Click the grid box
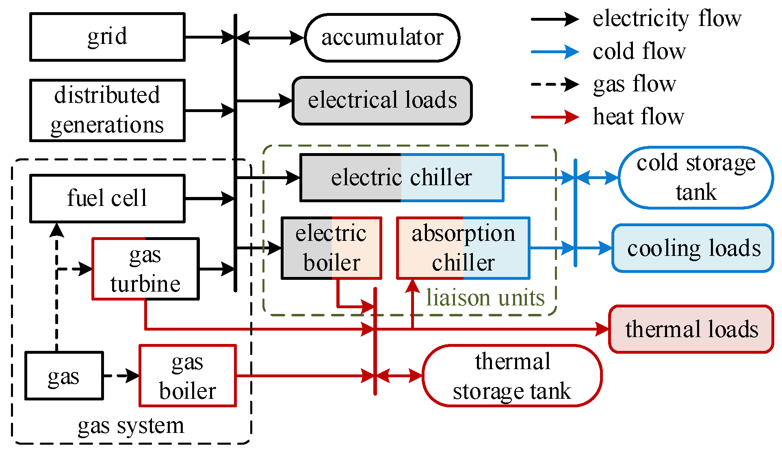click(x=107, y=37)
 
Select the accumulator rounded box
click(x=382, y=38)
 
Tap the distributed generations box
click(x=107, y=110)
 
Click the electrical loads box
click(x=382, y=100)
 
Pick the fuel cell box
click(x=107, y=199)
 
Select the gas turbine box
click(x=145, y=269)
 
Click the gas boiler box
click(x=187, y=376)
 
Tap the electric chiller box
click(x=402, y=177)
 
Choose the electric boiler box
click(x=331, y=248)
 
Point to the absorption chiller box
click(x=463, y=248)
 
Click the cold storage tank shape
click(x=696, y=177)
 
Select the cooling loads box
click(x=693, y=248)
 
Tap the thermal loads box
click(x=691, y=329)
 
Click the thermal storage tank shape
click(x=512, y=376)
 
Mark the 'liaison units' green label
click(x=485, y=298)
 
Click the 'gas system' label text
click(x=131, y=426)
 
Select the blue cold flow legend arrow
click(x=555, y=52)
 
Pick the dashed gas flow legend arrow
click(x=555, y=84)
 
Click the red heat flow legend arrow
click(x=555, y=117)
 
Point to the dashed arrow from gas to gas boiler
click(x=121, y=376)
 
